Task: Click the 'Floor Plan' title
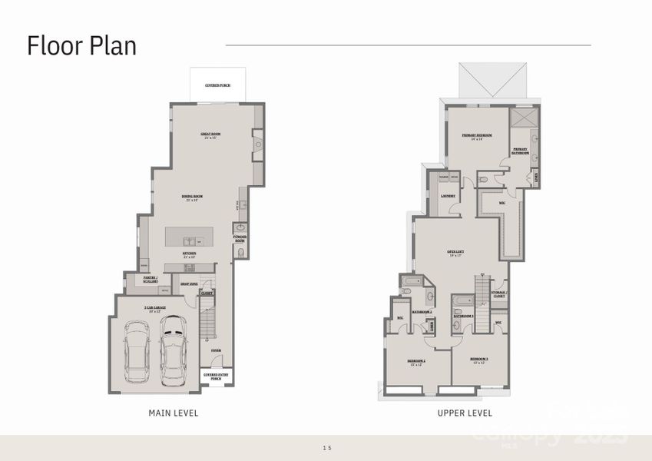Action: point(82,45)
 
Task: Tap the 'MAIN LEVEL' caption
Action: point(173,413)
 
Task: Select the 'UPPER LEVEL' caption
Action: point(465,413)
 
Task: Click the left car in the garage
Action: point(138,354)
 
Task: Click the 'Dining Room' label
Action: point(192,197)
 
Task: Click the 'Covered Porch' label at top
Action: point(217,85)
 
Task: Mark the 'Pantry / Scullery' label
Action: point(151,280)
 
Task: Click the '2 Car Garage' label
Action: point(155,308)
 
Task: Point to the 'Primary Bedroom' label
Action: point(477,136)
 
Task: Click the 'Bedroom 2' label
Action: point(418,362)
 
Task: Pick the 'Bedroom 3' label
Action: point(480,360)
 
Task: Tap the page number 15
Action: point(326,446)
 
